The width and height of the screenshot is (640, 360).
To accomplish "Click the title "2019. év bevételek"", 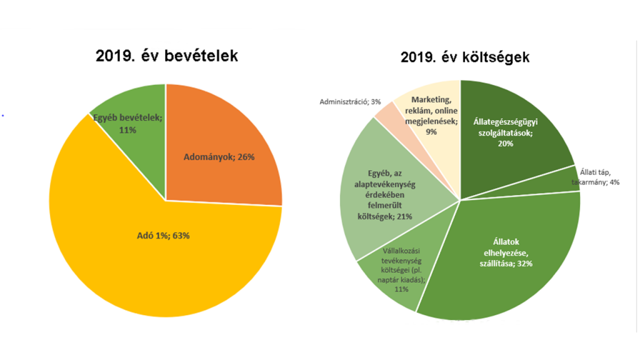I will pyautogui.click(x=167, y=56).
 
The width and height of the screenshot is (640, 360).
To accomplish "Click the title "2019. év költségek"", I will pyautogui.click(x=465, y=57).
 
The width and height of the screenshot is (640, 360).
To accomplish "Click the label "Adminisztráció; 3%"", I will pyautogui.click(x=349, y=101).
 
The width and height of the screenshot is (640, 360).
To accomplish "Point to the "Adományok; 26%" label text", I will pyautogui.click(x=219, y=157).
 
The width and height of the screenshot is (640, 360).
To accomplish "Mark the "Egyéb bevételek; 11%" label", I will pyautogui.click(x=127, y=123).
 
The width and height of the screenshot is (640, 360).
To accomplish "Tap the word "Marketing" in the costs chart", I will pyautogui.click(x=432, y=99).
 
